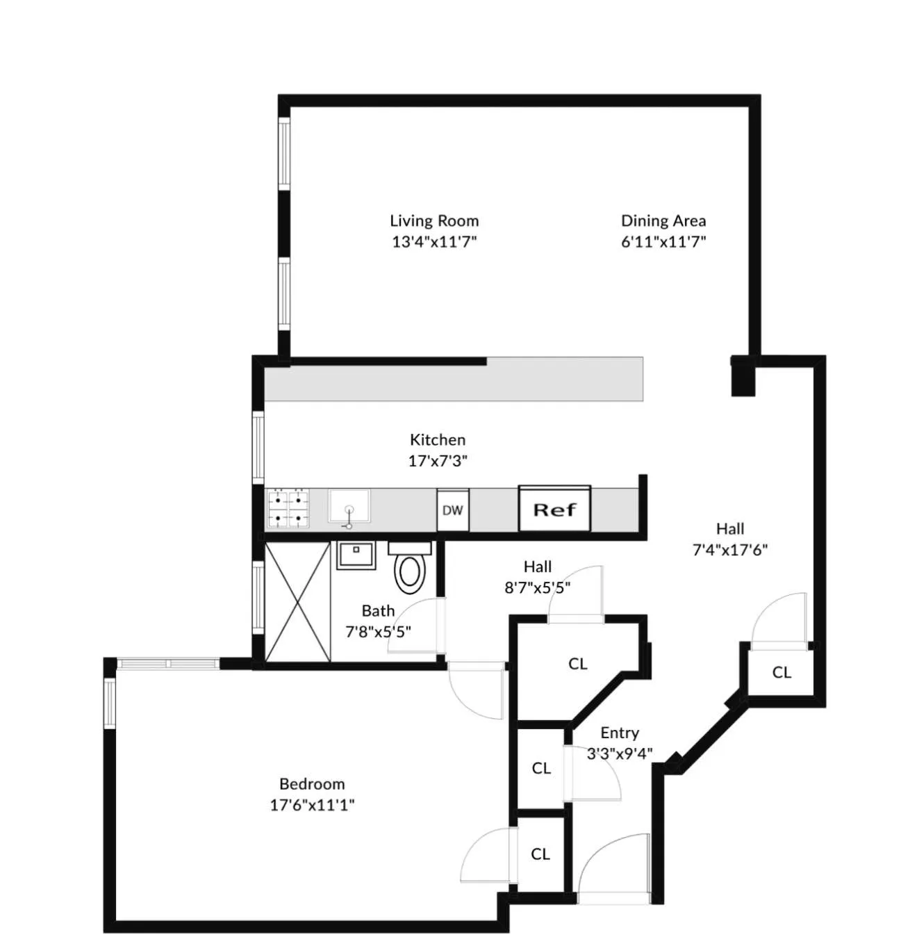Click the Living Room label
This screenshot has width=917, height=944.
tap(433, 221)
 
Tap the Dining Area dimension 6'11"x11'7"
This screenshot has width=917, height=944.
tap(663, 242)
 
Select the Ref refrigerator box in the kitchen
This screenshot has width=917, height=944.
tap(554, 510)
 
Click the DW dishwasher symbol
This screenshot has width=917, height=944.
tap(452, 510)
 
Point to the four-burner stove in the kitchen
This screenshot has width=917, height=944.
tap(288, 508)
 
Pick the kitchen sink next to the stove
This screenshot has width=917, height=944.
tap(349, 506)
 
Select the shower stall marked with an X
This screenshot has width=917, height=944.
tap(297, 602)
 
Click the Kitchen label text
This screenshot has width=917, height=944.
tap(437, 440)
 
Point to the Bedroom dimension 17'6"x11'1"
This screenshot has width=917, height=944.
tap(312, 805)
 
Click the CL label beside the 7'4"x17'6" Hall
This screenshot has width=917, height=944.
tap(782, 672)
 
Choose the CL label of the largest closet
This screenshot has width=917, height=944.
tap(577, 664)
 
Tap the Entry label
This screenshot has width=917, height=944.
tap(619, 733)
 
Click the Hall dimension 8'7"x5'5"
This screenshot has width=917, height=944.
tap(537, 588)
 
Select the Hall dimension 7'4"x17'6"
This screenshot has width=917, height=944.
tap(729, 550)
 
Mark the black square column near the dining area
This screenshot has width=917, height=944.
tap(743, 377)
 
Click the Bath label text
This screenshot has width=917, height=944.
tap(378, 611)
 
